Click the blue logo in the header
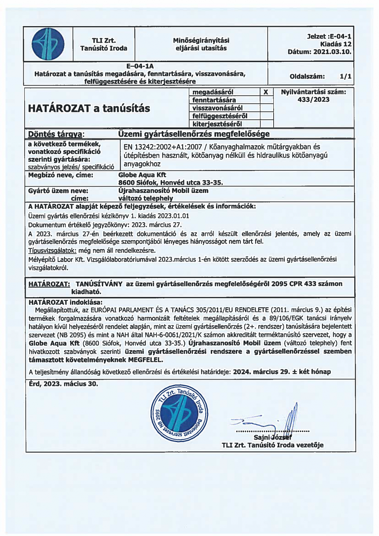click(48, 44)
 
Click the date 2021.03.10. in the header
click(333, 52)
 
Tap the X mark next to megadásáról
click(266, 92)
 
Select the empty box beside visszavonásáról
click(266, 108)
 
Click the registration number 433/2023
click(313, 100)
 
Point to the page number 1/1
click(345, 76)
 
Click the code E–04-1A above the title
click(140, 66)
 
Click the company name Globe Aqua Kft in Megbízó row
click(142, 175)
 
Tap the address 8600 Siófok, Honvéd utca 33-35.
click(170, 183)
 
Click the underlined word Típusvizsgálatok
click(52, 250)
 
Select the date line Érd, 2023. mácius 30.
click(63, 384)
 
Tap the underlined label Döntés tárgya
click(56, 134)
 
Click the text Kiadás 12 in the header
click(336, 44)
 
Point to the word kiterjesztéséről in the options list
click(217, 124)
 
